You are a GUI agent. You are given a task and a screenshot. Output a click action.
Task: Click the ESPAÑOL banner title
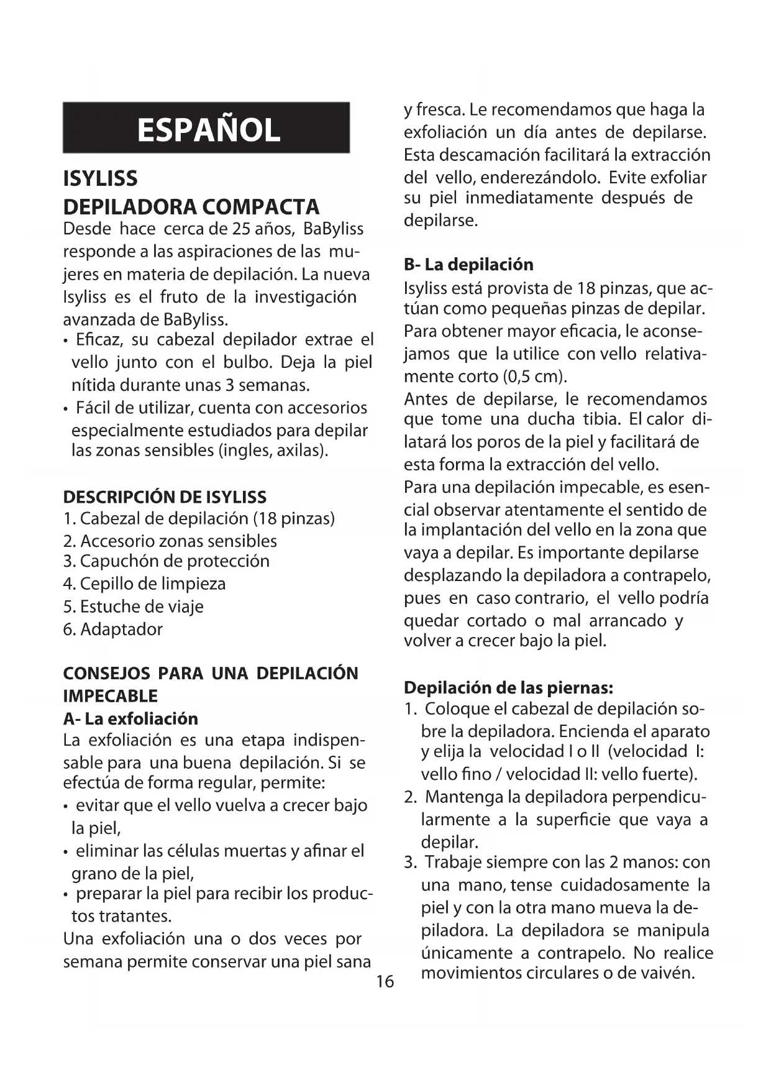pos(208,129)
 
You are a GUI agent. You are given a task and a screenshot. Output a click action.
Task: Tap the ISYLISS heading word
pos(101,179)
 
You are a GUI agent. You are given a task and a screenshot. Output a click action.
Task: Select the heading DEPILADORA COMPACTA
pos(191,207)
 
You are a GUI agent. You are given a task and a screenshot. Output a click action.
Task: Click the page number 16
pos(385,981)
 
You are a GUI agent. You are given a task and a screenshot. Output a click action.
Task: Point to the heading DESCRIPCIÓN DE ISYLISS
pos(165,497)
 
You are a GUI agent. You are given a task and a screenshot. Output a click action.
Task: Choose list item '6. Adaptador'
pos(112,629)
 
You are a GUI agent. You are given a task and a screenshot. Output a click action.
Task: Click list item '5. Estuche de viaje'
pos(133,607)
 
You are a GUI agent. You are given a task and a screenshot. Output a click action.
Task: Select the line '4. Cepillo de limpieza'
pos(144,584)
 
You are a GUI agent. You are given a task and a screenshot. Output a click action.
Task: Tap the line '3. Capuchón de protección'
pos(166,561)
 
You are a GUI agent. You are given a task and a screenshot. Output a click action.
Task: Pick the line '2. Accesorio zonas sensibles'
pos(170,541)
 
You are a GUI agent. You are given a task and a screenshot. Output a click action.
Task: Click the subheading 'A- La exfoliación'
pos(130,719)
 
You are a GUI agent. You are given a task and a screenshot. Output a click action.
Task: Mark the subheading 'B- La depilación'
pos(468,265)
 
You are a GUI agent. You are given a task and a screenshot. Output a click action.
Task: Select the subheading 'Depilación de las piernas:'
pos(508,688)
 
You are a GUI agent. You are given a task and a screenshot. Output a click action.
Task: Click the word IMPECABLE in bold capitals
pos(111,696)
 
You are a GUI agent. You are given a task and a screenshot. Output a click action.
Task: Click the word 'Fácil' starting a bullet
pos(93,408)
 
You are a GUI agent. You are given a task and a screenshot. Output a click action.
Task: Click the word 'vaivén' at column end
pos(668,973)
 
